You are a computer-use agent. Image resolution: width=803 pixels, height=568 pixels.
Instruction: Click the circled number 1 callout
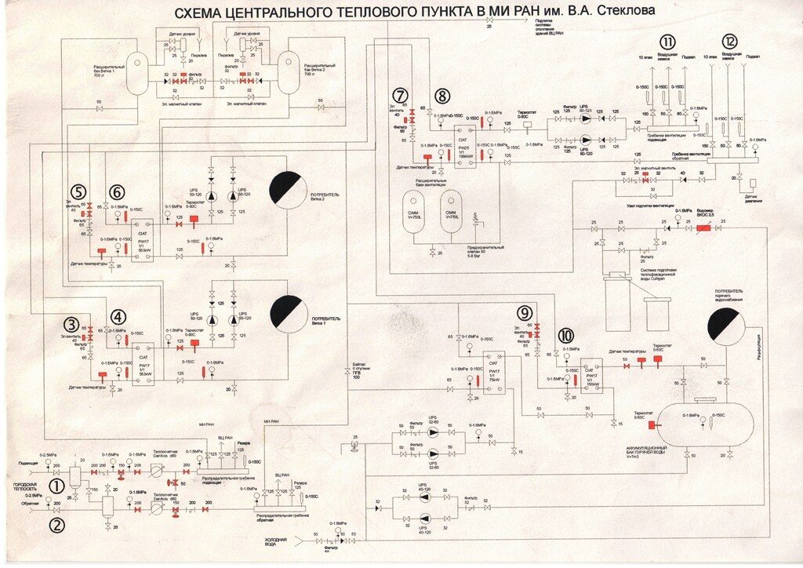[x=56, y=486]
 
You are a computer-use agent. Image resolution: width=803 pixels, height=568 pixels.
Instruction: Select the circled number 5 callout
[x=77, y=191]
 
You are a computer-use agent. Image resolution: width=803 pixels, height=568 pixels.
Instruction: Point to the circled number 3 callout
[x=72, y=324]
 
